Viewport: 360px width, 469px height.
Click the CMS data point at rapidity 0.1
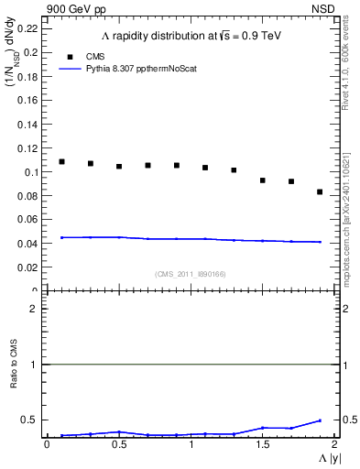coord(61,161)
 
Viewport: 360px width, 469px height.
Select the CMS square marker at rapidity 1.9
coord(320,191)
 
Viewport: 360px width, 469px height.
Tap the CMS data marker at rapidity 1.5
coord(262,180)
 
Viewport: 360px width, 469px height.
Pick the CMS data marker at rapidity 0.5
coord(119,167)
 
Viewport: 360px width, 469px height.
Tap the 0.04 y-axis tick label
coord(28,244)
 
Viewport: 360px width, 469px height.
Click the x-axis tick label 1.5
coord(262,444)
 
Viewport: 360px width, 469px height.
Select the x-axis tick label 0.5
coord(119,444)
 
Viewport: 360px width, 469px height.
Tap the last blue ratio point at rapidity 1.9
coord(320,420)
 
